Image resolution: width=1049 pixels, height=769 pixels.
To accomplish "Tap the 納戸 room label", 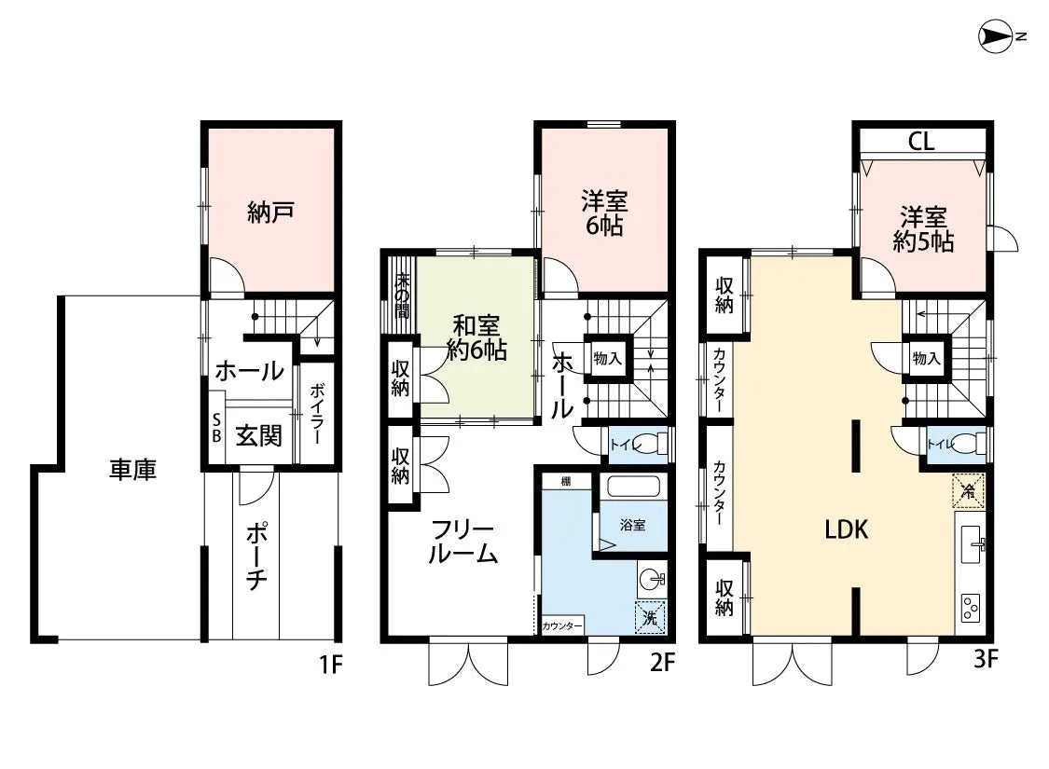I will pos(270,212).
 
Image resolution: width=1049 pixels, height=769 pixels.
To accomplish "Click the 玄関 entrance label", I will pos(258,434).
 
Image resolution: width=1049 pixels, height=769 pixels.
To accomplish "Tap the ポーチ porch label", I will pos(257,556).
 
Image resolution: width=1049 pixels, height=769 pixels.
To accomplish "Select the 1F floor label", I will pos(331,665).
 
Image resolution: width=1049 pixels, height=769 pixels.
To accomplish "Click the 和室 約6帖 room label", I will pos(476,337).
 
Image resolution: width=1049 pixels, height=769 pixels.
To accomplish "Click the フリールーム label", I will pos(462,542).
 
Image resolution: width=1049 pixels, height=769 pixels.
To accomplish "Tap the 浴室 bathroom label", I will pos(633,525).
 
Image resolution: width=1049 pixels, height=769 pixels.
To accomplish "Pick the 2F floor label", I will pos(663,665).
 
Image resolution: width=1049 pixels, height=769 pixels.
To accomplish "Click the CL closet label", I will pos(921,142).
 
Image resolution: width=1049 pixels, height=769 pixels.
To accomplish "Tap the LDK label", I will pos(847,530).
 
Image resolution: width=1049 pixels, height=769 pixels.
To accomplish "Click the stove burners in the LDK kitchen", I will pos(971,609).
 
